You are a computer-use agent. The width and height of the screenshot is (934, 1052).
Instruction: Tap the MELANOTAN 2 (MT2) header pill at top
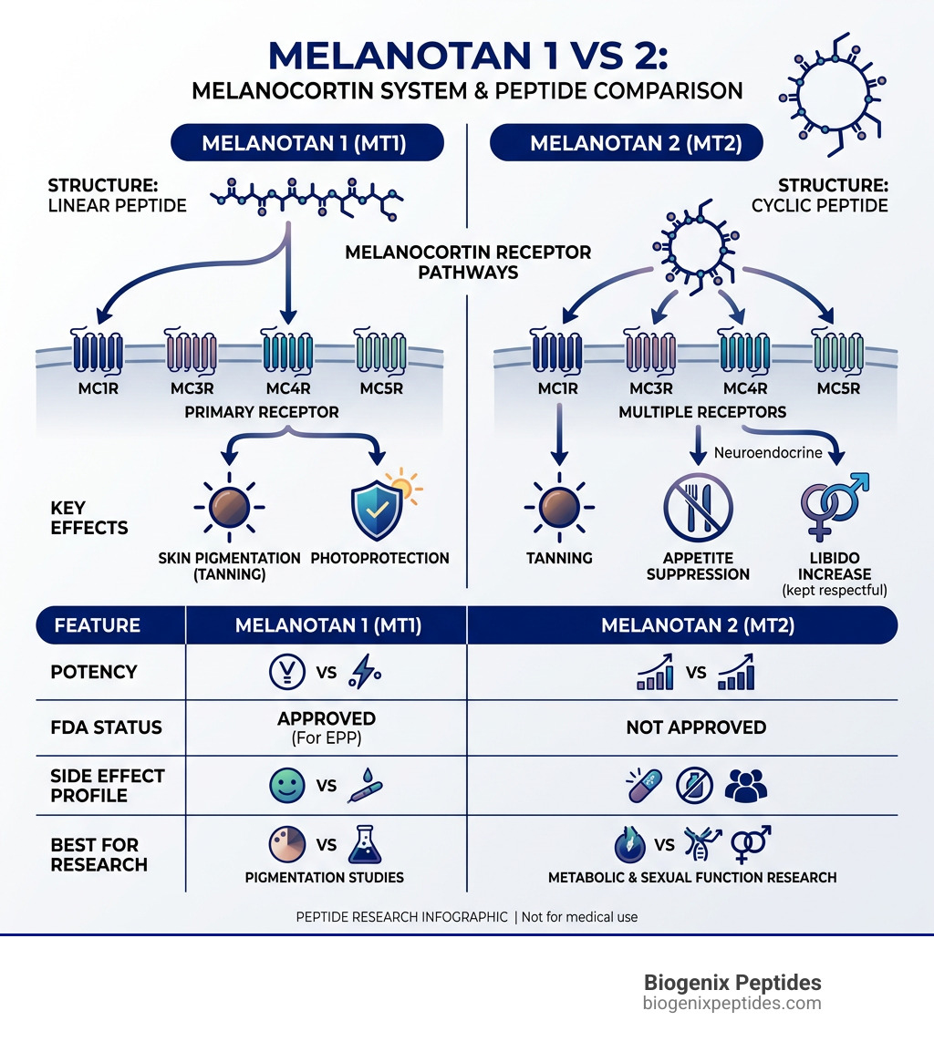pyautogui.click(x=626, y=143)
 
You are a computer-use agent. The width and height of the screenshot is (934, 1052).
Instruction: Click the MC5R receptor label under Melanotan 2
pyautogui.click(x=836, y=387)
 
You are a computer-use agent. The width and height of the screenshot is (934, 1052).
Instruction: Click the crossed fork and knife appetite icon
pyautogui.click(x=698, y=508)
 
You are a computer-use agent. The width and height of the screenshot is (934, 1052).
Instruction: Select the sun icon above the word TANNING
pyautogui.click(x=559, y=508)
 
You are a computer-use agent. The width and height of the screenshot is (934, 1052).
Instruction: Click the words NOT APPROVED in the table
pyautogui.click(x=695, y=727)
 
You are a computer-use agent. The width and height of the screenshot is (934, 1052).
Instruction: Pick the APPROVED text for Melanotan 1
pyautogui.click(x=326, y=718)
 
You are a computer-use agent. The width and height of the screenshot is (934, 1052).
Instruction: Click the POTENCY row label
pyautogui.click(x=94, y=672)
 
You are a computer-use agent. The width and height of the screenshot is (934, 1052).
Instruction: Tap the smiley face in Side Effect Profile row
pyautogui.click(x=287, y=785)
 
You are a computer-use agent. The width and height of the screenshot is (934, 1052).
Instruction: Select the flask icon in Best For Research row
pyautogui.click(x=365, y=845)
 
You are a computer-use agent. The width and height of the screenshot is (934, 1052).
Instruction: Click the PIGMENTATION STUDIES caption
pyautogui.click(x=325, y=877)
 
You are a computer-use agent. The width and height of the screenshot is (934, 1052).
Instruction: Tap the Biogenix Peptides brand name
pyautogui.click(x=732, y=983)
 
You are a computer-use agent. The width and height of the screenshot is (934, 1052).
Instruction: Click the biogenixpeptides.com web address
pyautogui.click(x=732, y=1004)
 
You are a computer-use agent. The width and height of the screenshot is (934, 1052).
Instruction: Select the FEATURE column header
pyautogui.click(x=98, y=625)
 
